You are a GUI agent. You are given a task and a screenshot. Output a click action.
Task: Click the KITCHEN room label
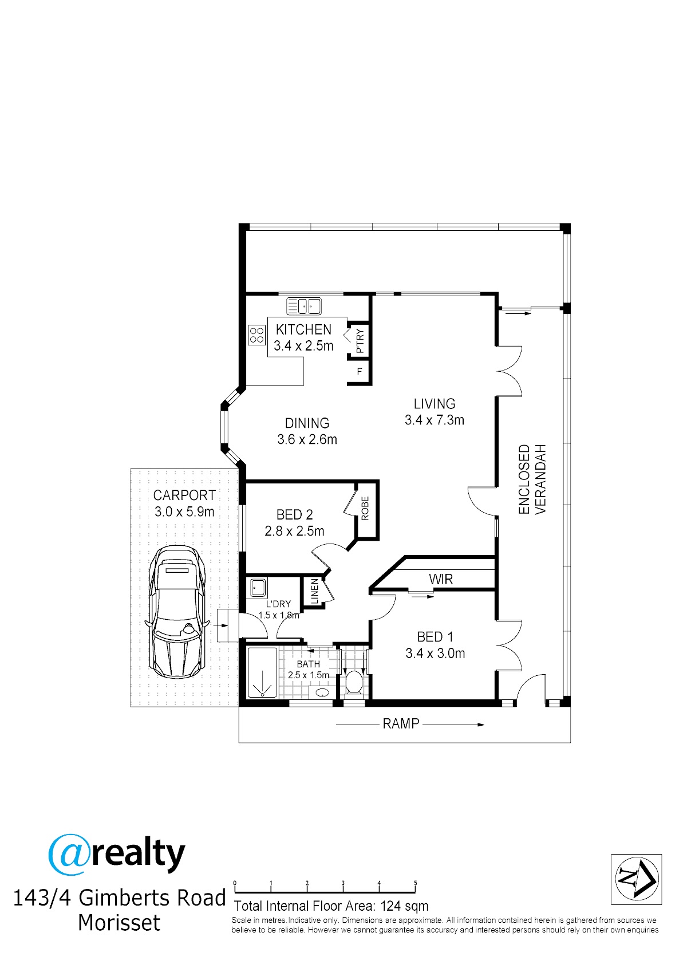(303, 330)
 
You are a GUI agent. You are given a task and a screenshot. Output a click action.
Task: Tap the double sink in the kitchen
(303, 306)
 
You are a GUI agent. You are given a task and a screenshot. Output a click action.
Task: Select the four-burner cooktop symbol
(256, 336)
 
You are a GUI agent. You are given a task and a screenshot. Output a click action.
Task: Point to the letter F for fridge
(359, 371)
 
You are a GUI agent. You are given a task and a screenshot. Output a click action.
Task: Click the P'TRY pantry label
(360, 341)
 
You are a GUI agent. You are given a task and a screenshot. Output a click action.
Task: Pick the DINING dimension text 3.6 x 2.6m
(307, 439)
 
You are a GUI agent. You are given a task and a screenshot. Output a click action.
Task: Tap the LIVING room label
(434, 404)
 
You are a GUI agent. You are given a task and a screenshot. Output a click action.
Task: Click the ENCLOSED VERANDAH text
(532, 479)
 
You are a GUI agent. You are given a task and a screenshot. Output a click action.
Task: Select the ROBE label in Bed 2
(365, 509)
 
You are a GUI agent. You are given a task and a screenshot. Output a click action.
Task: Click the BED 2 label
(294, 515)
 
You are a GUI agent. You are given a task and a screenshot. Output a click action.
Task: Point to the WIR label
(441, 579)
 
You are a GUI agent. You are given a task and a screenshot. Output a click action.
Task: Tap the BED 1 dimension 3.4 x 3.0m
(435, 653)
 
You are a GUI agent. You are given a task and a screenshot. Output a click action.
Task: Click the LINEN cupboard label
(315, 591)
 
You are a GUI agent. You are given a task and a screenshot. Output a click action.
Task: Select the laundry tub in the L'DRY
(258, 588)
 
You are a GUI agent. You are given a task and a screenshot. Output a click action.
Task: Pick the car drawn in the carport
(177, 612)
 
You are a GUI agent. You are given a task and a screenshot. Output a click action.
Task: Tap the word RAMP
(401, 724)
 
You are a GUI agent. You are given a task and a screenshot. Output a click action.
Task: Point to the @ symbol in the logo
(69, 855)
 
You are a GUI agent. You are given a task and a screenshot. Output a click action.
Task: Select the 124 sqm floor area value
(404, 907)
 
